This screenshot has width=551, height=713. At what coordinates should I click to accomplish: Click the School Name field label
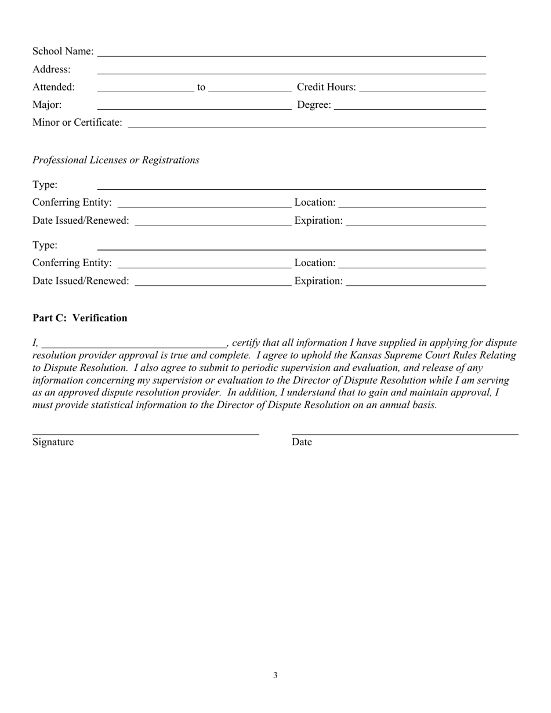[63, 52]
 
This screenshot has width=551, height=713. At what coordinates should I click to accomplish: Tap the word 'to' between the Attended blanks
[201, 88]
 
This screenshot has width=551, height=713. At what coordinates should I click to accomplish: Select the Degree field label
[314, 105]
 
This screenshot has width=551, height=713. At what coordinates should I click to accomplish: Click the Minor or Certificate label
[77, 123]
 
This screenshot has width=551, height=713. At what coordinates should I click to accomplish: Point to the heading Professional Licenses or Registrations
[116, 160]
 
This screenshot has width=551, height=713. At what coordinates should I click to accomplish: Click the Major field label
[47, 105]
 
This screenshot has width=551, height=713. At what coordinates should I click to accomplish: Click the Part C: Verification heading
[80, 318]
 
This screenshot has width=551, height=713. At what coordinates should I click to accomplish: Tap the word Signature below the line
[53, 442]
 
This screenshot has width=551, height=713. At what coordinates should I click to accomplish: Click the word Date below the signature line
[302, 442]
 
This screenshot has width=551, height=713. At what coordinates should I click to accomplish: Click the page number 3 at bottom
[275, 675]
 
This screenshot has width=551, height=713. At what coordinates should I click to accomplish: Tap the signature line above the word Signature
[146, 434]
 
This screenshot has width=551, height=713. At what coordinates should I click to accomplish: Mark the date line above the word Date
[405, 434]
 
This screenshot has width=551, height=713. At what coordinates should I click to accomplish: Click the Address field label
[52, 70]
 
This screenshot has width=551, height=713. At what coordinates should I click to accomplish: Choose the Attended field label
[53, 88]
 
